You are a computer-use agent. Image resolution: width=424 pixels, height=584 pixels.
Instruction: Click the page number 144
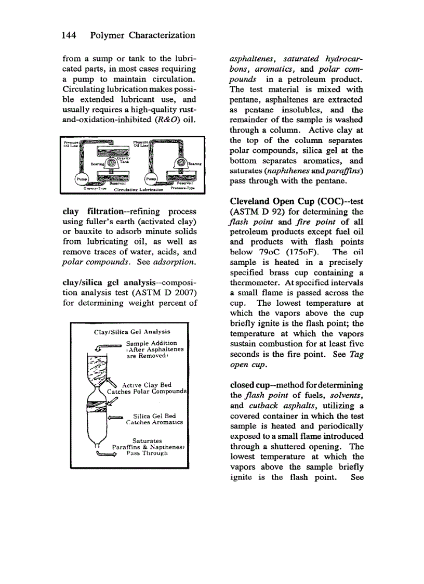pos(70,35)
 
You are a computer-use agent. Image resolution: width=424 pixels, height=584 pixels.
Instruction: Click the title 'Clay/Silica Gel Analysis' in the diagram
pos(131,331)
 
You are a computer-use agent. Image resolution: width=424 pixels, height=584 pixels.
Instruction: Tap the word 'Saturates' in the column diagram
pos(147,441)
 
